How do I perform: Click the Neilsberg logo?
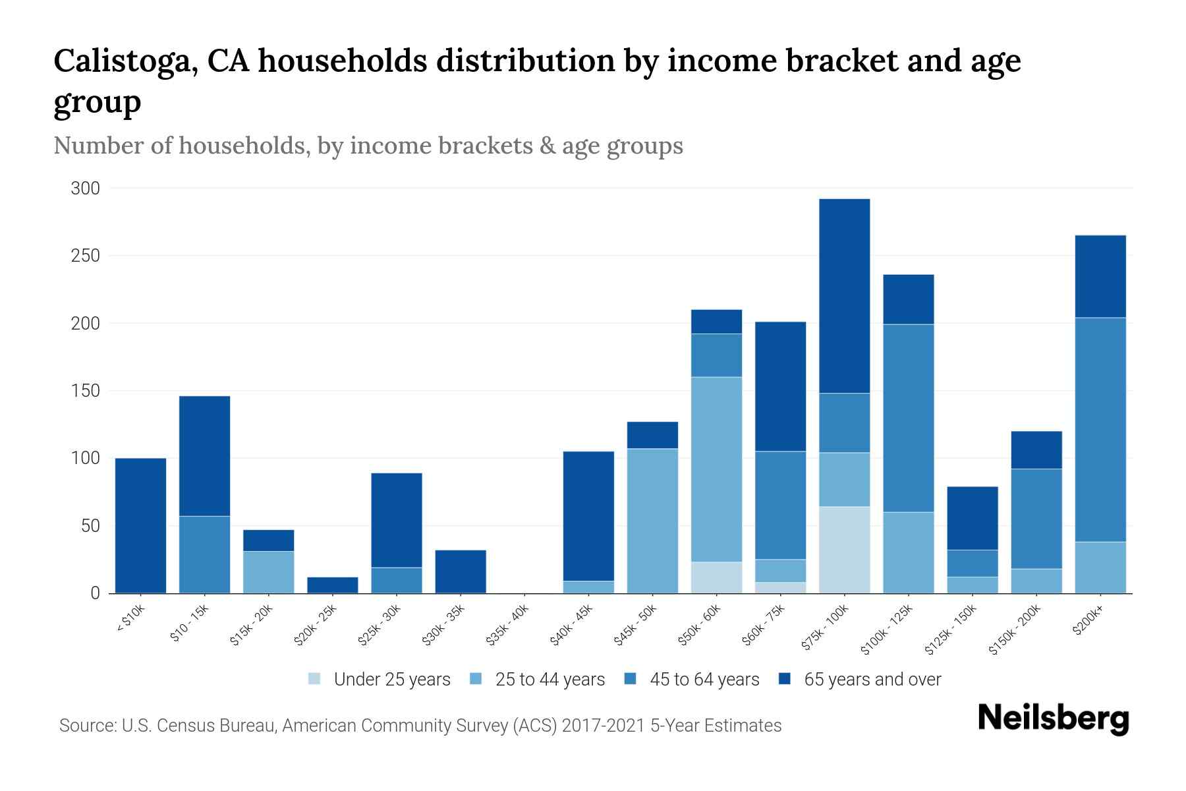pyautogui.click(x=1053, y=718)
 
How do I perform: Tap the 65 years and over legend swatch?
pyautogui.click(x=785, y=679)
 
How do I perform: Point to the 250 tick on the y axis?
pyautogui.click(x=86, y=256)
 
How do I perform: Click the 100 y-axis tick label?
pyautogui.click(x=86, y=458)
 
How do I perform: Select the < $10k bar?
pyautogui.click(x=140, y=525)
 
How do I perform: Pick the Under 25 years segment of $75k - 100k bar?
pyautogui.click(x=844, y=550)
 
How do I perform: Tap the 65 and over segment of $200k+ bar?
pyautogui.click(x=1100, y=276)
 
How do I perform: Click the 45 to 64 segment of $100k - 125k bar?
pyautogui.click(x=908, y=418)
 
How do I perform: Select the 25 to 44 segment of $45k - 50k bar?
pyautogui.click(x=652, y=521)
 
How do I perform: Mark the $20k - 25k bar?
pyautogui.click(x=333, y=585)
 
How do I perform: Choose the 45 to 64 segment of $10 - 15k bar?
pyautogui.click(x=204, y=554)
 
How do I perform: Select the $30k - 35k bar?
pyautogui.click(x=461, y=571)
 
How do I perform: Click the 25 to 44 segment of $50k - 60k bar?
pyautogui.click(x=716, y=469)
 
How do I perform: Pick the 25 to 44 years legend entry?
pyautogui.click(x=550, y=680)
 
